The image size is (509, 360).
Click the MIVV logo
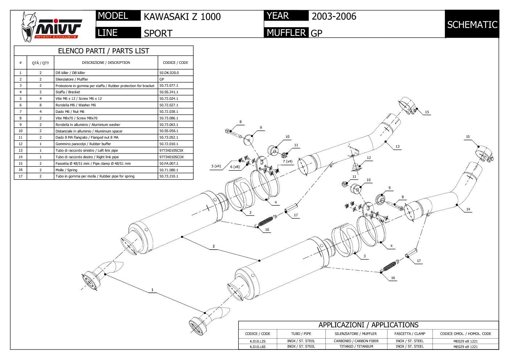tap(51, 26)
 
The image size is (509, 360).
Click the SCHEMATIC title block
tap(472, 25)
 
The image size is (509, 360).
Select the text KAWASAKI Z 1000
tap(182, 17)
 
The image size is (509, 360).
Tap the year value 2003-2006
tap(334, 16)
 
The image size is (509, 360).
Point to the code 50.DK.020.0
tap(169, 73)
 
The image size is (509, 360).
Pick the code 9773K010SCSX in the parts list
tap(171, 150)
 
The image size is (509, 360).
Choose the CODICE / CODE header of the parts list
tap(176, 62)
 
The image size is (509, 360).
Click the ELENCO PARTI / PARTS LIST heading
tap(103, 51)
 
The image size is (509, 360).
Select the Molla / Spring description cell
tap(66, 170)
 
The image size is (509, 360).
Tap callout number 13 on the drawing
tap(397, 147)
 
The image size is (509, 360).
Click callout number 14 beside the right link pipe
tap(468, 209)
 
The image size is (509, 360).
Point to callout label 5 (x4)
tap(216, 166)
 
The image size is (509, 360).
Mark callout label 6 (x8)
tap(235, 167)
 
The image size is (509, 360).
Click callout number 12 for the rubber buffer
tap(369, 158)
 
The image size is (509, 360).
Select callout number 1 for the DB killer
tap(152, 290)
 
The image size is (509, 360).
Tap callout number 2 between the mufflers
tap(214, 246)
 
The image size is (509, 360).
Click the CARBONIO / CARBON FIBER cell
tap(356, 341)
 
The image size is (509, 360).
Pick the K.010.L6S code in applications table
tap(258, 347)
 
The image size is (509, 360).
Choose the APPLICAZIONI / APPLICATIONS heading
tap(368, 325)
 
